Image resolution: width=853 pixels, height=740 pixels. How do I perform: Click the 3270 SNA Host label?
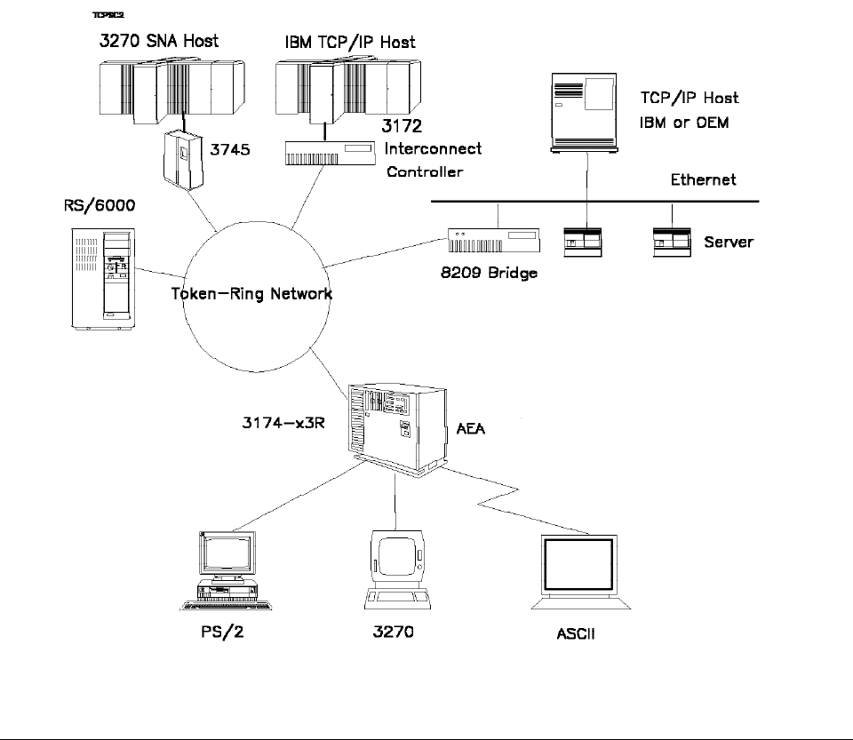158,41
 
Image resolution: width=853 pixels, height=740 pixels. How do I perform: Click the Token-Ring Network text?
251,293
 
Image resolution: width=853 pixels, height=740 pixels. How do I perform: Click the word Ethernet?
702,180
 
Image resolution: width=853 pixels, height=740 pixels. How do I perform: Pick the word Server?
728,242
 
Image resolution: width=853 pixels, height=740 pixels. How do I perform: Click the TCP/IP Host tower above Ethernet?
586,109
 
